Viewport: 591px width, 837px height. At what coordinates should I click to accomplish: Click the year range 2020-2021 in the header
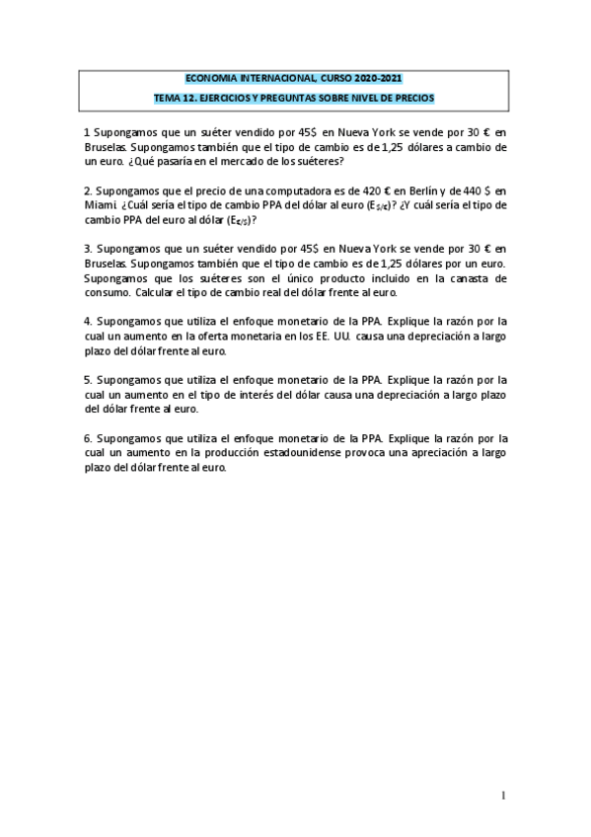[376, 78]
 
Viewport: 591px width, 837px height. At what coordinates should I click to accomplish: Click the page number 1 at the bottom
[503, 795]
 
